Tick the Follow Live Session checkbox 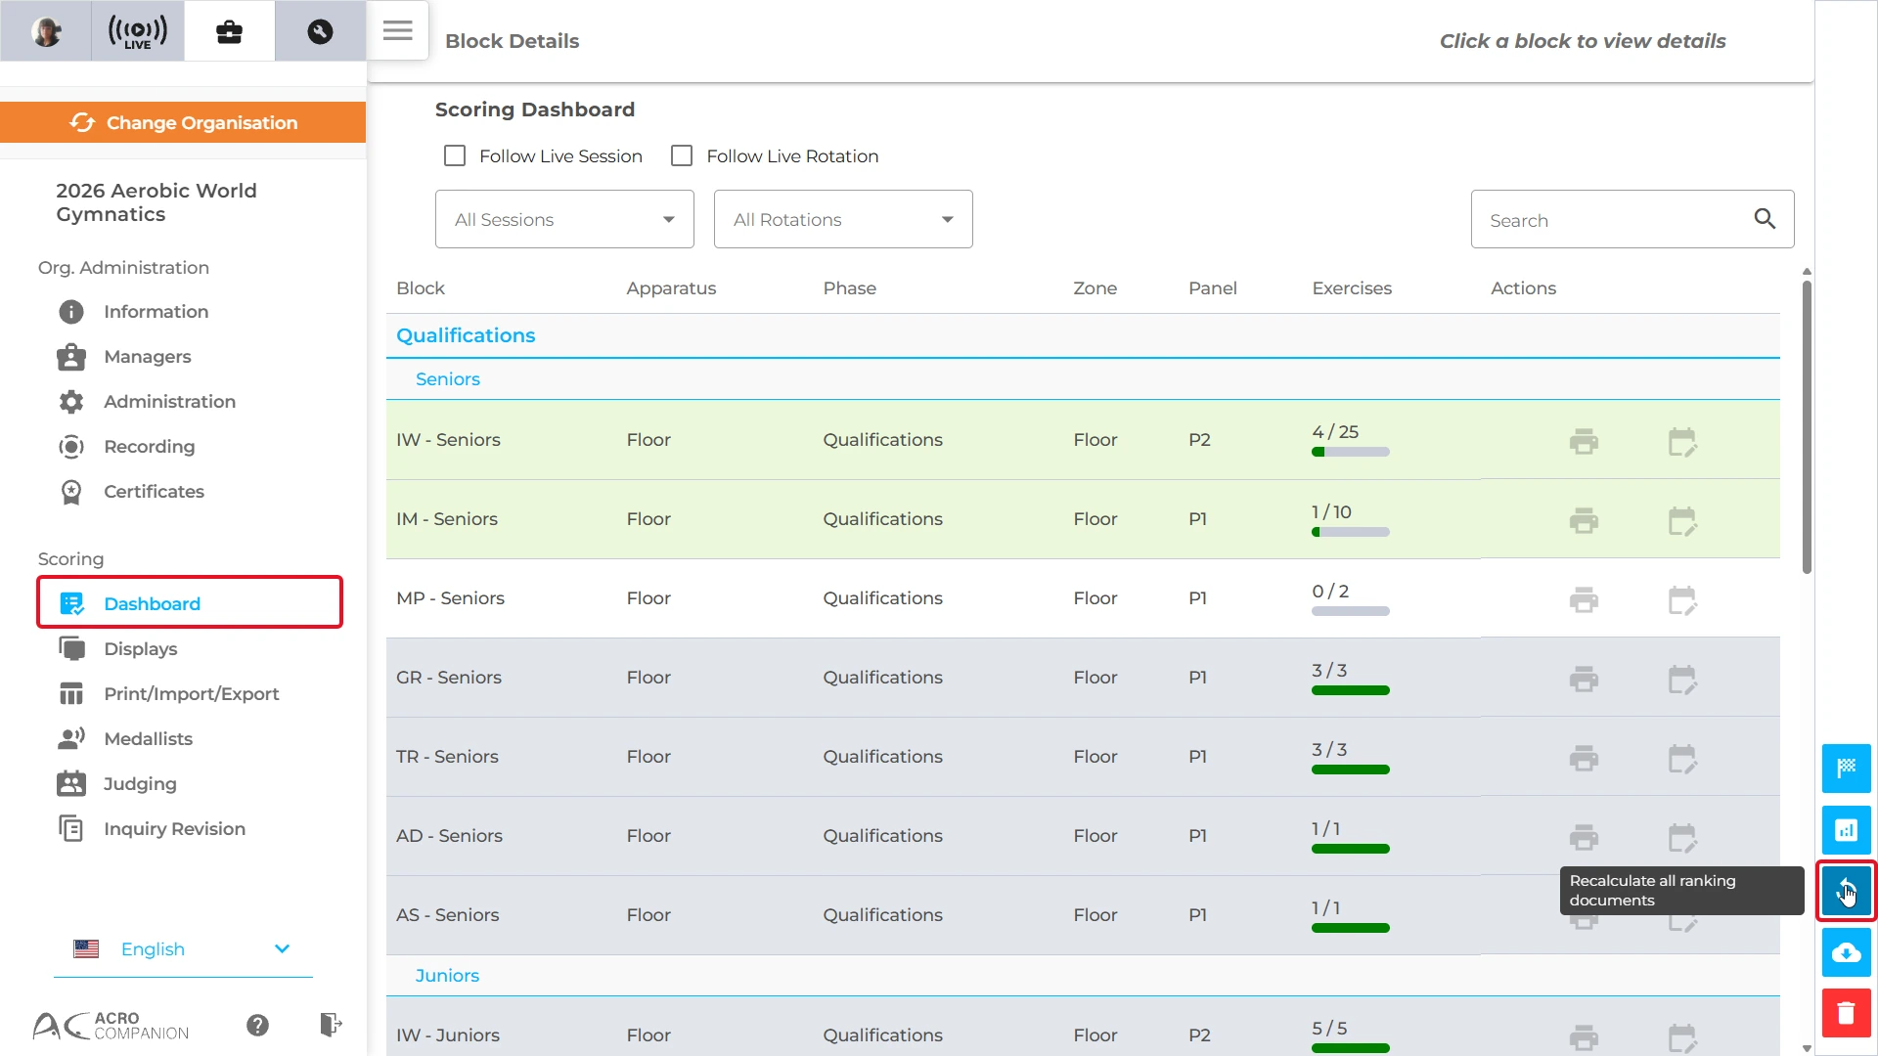point(455,156)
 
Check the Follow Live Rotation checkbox point(682,156)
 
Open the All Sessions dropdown point(564,219)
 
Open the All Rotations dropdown point(843,219)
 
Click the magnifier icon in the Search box point(1765,219)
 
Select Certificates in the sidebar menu point(154,492)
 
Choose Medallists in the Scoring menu point(148,739)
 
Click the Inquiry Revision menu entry point(174,829)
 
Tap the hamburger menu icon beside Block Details point(397,31)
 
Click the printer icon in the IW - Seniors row point(1584,441)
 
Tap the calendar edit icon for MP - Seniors point(1682,599)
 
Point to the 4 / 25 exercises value point(1335,432)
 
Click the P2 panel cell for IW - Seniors point(1199,440)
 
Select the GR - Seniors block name point(449,678)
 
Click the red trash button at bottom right point(1846,1013)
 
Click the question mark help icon point(257,1025)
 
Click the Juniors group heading point(447,976)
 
